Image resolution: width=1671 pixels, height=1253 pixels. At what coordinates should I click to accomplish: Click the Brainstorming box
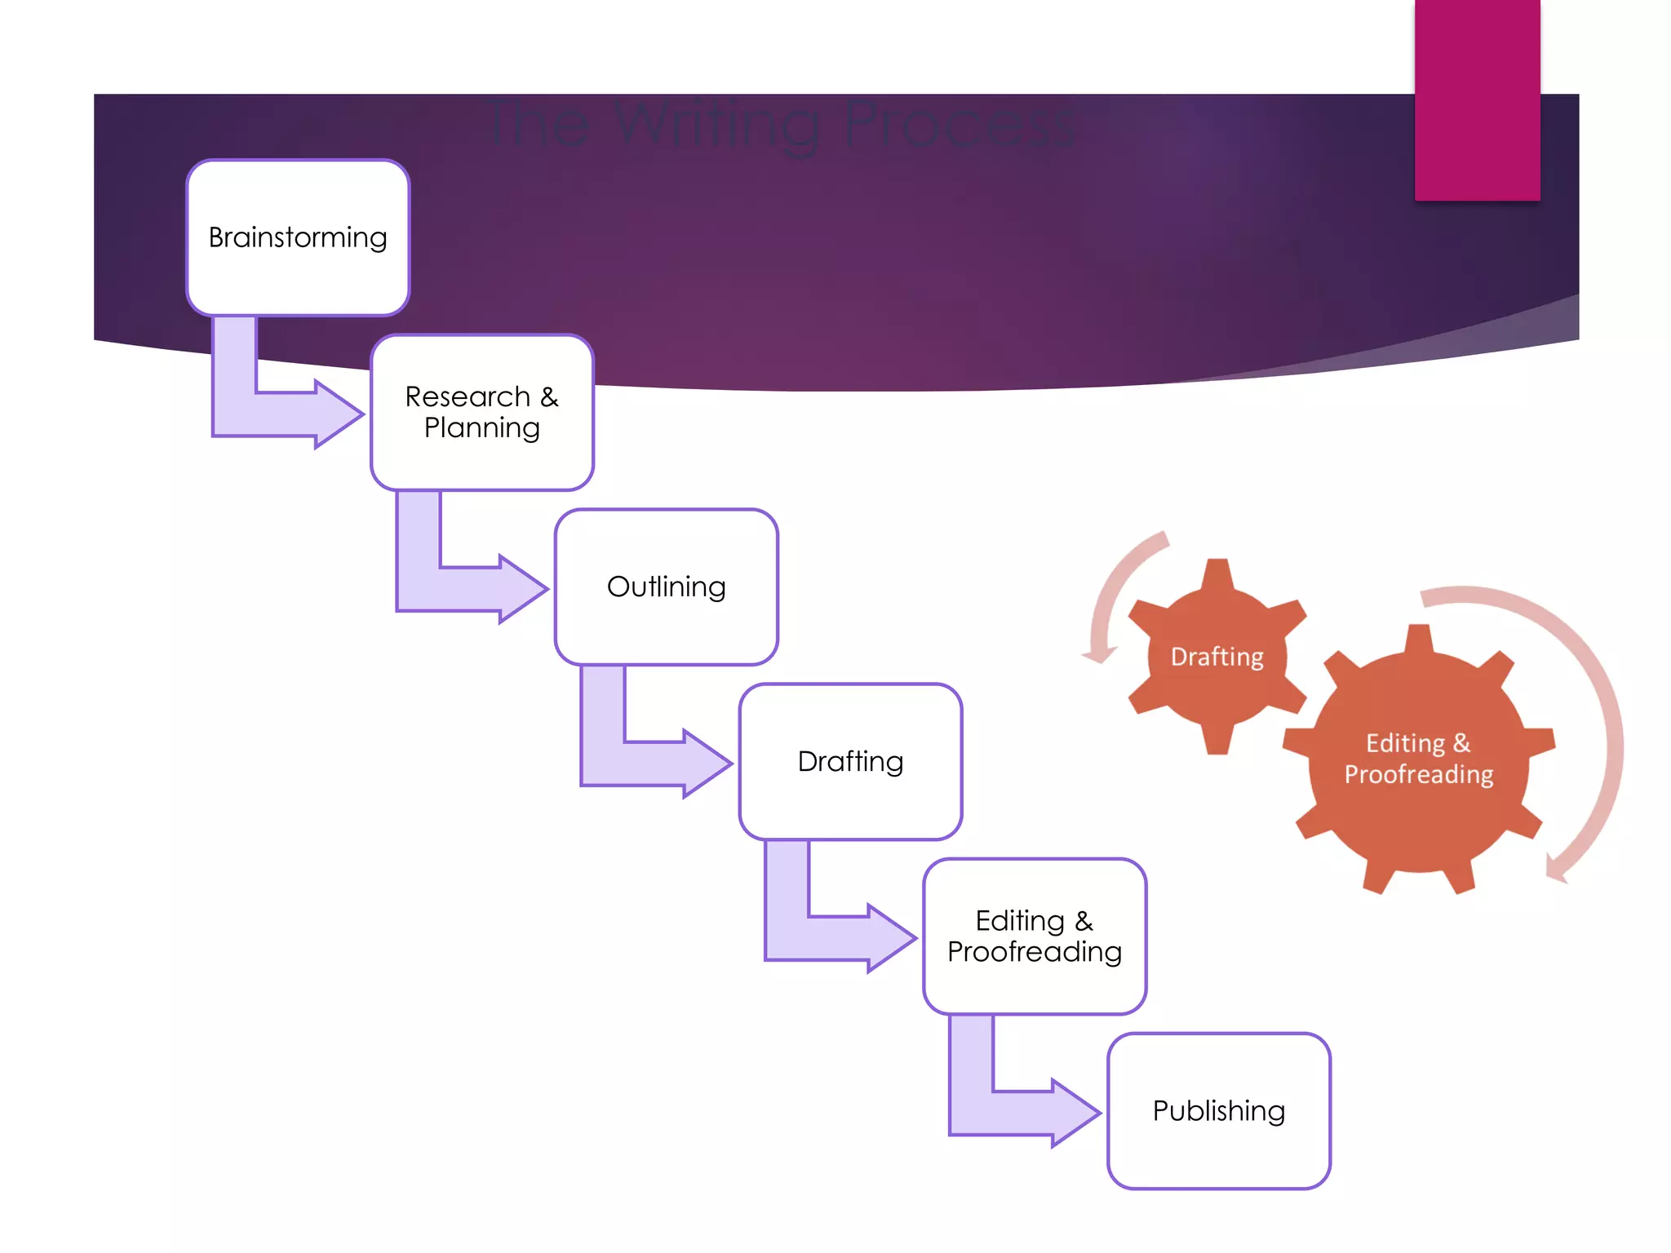tap(298, 237)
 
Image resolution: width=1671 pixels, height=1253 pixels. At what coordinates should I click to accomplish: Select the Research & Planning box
tap(481, 412)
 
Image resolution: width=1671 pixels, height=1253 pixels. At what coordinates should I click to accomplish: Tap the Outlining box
tap(666, 587)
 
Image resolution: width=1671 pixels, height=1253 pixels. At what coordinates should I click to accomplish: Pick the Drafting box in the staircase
tap(850, 761)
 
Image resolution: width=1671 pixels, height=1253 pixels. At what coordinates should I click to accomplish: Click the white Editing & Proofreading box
tap(1035, 936)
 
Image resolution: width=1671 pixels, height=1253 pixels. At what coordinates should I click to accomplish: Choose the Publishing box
tap(1219, 1110)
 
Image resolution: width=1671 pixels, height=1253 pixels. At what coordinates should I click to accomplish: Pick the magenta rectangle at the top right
tap(1477, 98)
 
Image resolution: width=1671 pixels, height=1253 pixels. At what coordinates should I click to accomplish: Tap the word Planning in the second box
tap(481, 428)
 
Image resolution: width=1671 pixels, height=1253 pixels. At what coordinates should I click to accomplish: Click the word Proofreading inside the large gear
tap(1419, 774)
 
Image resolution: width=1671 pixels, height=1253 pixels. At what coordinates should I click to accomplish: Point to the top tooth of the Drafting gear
tap(1217, 571)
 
